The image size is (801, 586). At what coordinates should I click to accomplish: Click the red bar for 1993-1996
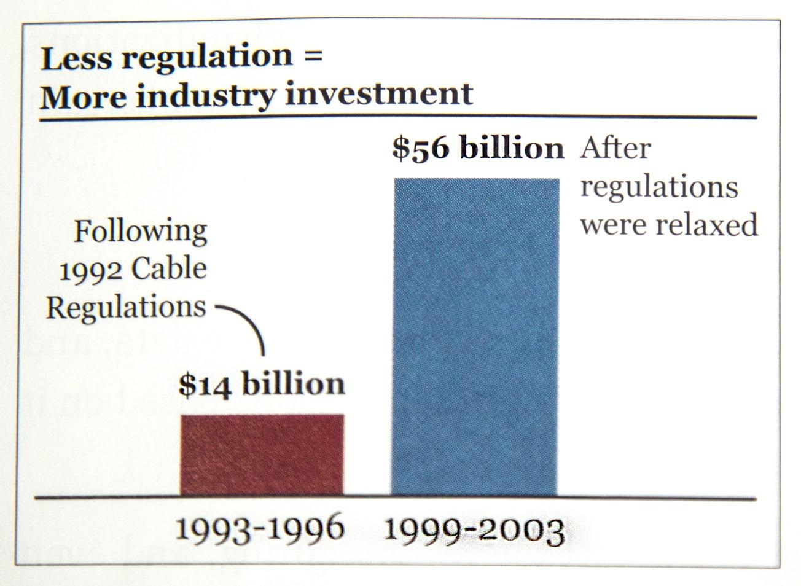click(x=262, y=455)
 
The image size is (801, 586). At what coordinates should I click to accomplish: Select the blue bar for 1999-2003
click(x=476, y=337)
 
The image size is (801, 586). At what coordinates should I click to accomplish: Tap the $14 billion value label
click(x=262, y=384)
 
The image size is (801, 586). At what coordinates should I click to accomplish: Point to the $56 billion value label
click(x=478, y=149)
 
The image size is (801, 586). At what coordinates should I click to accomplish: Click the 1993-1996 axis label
click(x=259, y=529)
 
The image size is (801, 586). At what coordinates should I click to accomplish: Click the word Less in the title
click(x=76, y=58)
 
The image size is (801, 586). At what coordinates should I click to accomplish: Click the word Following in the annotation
click(x=141, y=232)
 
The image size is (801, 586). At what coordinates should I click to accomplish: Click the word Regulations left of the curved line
click(x=126, y=307)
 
